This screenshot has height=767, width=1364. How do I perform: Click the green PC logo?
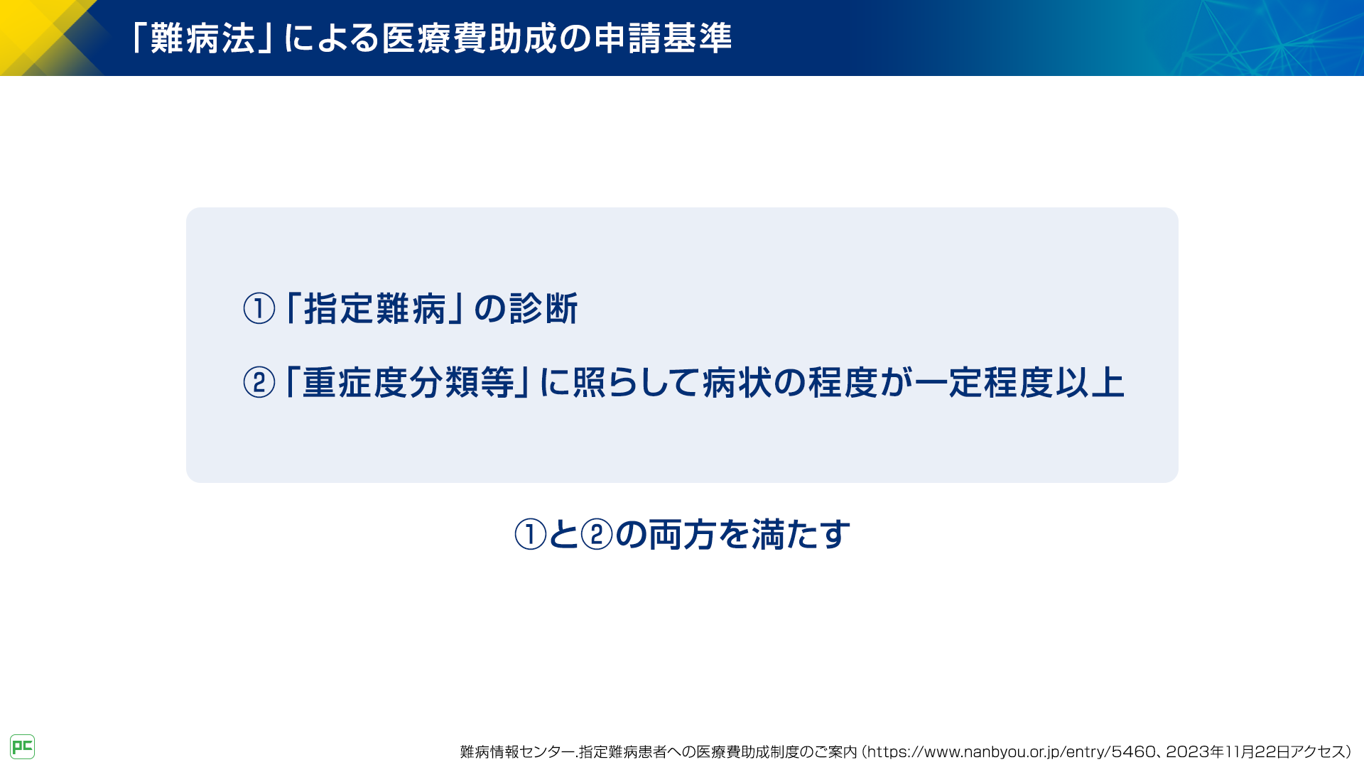click(x=22, y=746)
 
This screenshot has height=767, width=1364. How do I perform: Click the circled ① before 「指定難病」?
click(x=259, y=309)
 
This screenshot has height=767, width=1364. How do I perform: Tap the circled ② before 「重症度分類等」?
click(x=259, y=383)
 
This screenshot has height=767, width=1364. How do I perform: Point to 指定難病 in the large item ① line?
click(x=375, y=309)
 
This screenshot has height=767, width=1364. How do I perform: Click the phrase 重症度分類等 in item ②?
click(x=408, y=383)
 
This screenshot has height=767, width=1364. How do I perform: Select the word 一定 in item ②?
click(x=948, y=383)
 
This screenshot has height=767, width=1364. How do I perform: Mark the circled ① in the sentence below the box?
click(x=530, y=535)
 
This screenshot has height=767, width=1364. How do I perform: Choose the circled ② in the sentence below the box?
click(x=597, y=535)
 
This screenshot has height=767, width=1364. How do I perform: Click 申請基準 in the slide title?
click(x=663, y=38)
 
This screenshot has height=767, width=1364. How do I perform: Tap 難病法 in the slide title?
click(x=202, y=38)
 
